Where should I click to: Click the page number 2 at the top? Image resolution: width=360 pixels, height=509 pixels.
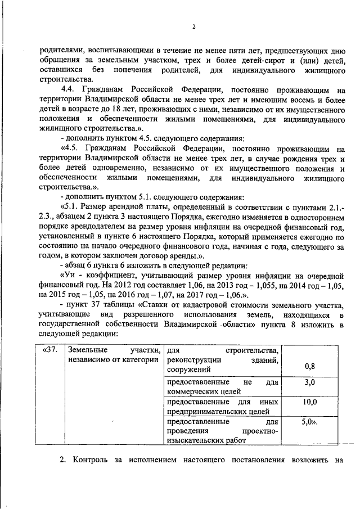click(x=193, y=27)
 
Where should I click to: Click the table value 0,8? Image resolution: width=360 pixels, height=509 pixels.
click(x=309, y=367)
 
